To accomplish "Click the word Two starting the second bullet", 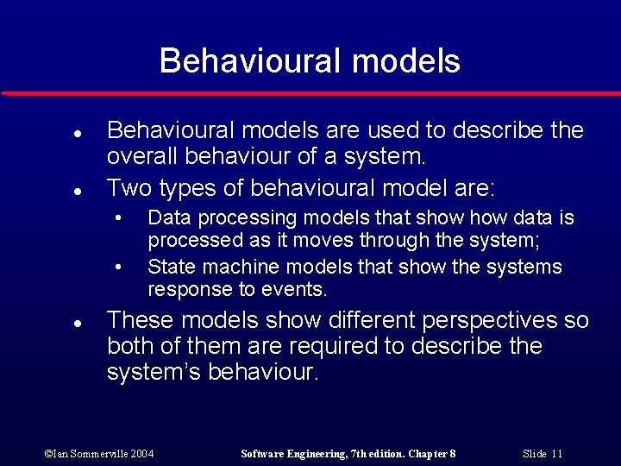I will click(x=126, y=186).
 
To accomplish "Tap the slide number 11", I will click(x=556, y=454).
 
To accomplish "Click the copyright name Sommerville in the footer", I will click(x=89, y=454).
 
